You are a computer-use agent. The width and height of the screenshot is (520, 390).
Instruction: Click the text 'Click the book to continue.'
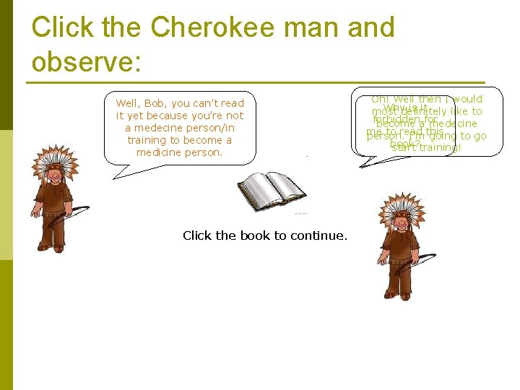(265, 235)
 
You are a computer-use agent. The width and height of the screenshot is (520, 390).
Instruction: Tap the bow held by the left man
(75, 215)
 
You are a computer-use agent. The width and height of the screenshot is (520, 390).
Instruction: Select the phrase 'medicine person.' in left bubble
(180, 152)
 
